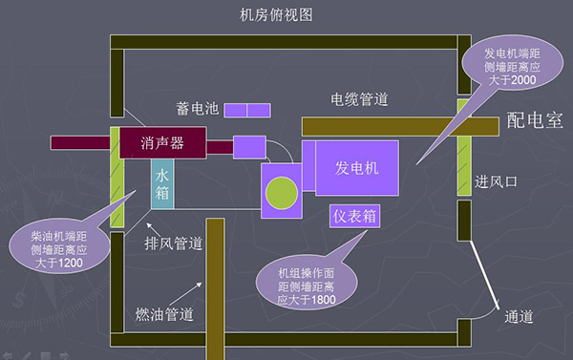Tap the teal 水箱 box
coord(162,183)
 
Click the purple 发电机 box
coord(357,168)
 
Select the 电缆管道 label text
coord(359,98)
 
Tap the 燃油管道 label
coord(163,314)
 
